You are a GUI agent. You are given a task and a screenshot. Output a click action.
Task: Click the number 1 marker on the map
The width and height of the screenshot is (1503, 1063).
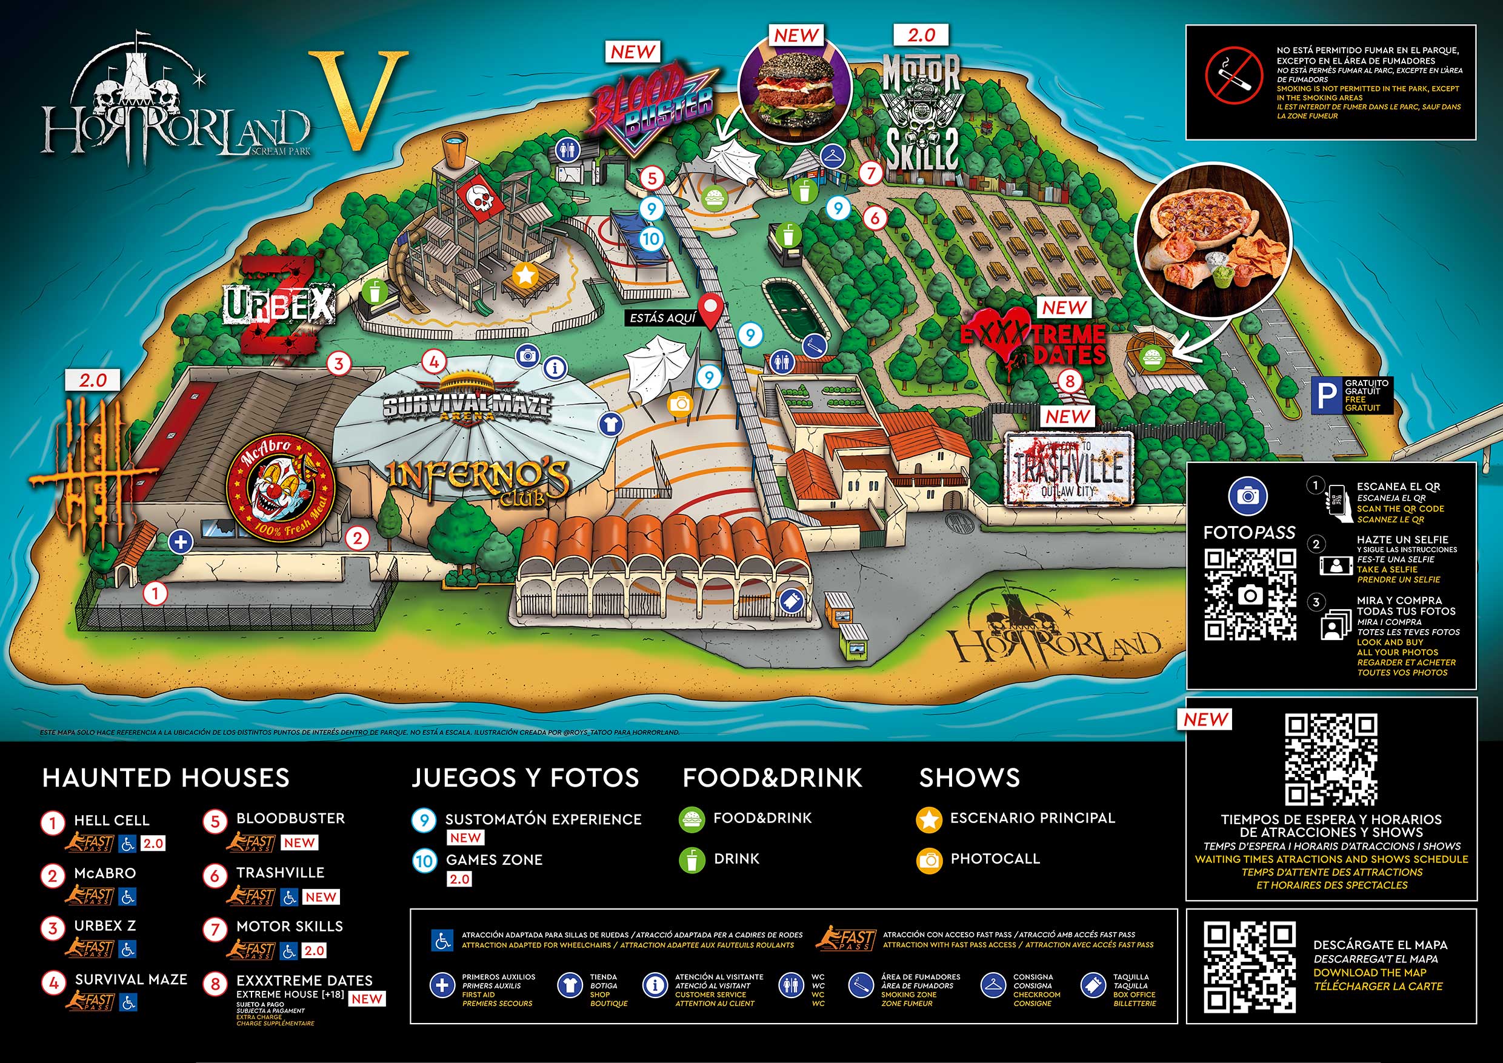click(x=156, y=594)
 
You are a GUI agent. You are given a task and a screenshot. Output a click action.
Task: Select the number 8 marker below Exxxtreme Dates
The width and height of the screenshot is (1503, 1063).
click(x=1070, y=381)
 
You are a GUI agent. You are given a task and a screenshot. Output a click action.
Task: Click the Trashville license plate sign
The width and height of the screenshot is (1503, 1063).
click(x=1068, y=467)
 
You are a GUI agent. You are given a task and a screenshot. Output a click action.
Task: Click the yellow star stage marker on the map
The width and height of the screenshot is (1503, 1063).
click(x=525, y=276)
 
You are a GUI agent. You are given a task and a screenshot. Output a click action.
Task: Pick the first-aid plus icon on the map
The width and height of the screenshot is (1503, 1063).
click(x=180, y=542)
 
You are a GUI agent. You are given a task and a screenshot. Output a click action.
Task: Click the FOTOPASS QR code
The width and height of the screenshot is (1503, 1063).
click(x=1250, y=595)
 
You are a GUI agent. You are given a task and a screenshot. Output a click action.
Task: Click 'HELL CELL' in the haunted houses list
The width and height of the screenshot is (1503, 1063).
click(x=112, y=820)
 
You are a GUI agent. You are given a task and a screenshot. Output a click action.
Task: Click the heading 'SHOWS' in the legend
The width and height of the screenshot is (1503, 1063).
click(x=969, y=778)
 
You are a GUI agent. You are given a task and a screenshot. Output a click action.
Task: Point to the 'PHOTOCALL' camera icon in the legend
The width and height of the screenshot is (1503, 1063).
click(x=930, y=860)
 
